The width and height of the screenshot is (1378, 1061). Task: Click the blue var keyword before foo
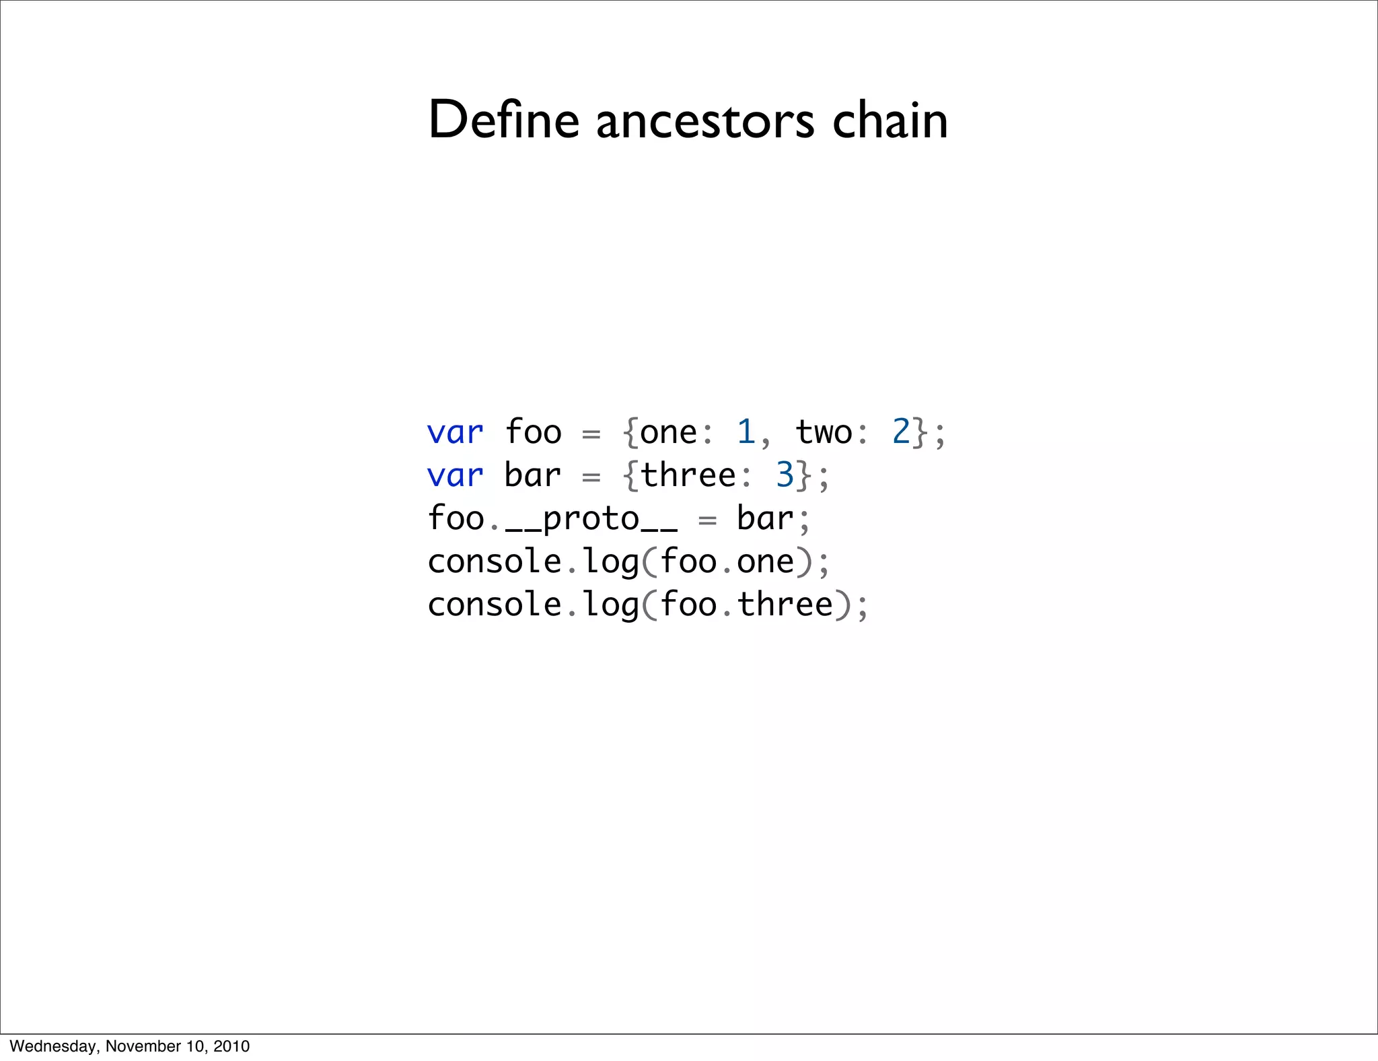[x=455, y=432]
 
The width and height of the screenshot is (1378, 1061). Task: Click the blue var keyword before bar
[x=455, y=475]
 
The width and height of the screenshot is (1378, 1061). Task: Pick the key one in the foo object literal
[x=668, y=432]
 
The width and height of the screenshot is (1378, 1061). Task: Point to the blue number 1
[x=746, y=432]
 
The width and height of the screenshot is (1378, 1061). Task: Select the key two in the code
[x=824, y=432]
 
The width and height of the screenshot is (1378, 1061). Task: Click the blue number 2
[x=901, y=432]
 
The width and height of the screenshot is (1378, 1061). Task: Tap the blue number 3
[x=785, y=475]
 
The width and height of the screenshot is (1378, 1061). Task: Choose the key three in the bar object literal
[x=688, y=475]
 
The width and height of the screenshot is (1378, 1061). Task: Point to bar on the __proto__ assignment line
[x=765, y=518]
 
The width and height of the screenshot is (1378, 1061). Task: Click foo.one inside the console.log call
[x=727, y=561]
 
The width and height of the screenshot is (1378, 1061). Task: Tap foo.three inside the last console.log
[x=746, y=605]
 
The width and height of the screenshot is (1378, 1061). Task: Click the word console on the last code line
[x=495, y=605]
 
